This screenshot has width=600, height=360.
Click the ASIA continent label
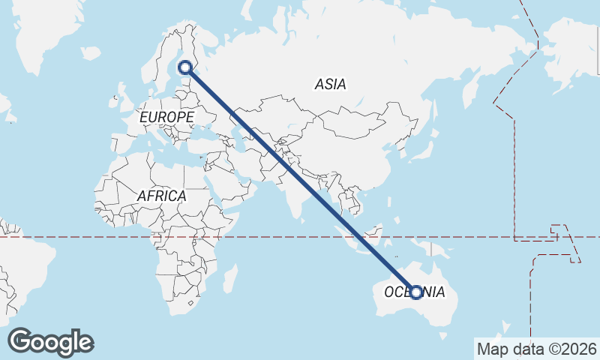[x=330, y=85]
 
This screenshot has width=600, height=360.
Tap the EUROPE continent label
[x=166, y=118]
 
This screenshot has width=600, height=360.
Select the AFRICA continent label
[x=161, y=196]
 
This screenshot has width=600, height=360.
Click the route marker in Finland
[x=184, y=68]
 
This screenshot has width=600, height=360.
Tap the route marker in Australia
[x=416, y=292]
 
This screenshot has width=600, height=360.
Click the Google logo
[x=50, y=342]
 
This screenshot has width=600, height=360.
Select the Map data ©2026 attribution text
[x=537, y=349]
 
